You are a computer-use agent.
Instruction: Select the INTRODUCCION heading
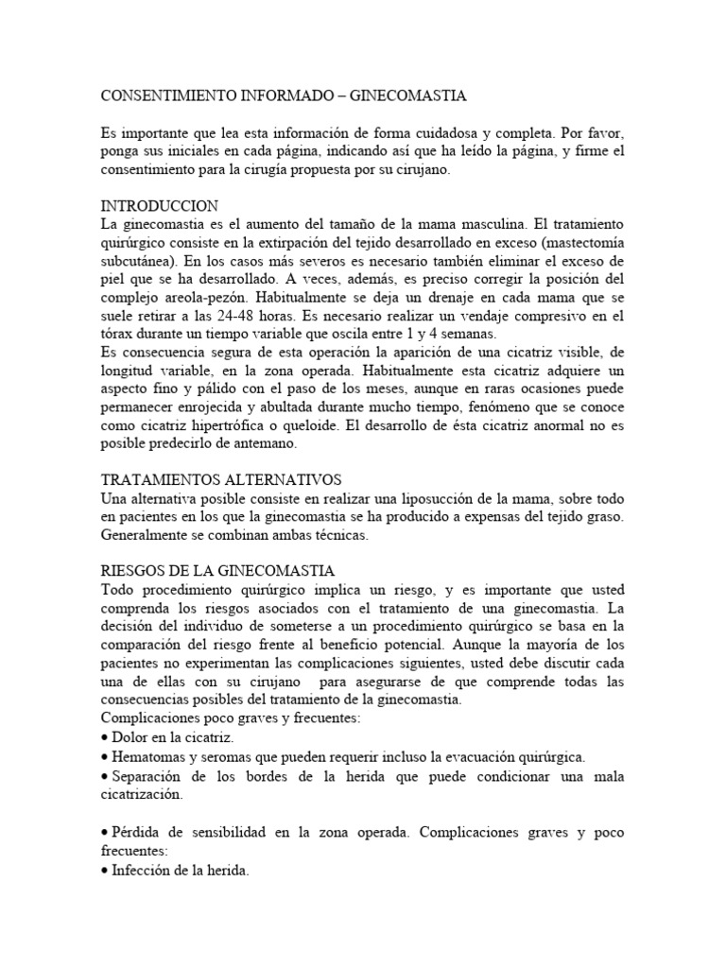tap(159, 205)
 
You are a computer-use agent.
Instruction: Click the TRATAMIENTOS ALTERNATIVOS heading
tap(220, 479)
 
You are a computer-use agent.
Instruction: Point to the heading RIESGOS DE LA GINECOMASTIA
tap(217, 570)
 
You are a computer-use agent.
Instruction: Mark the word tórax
tap(118, 333)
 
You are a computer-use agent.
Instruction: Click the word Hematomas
tap(148, 756)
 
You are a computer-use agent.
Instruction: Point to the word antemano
tap(270, 442)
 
